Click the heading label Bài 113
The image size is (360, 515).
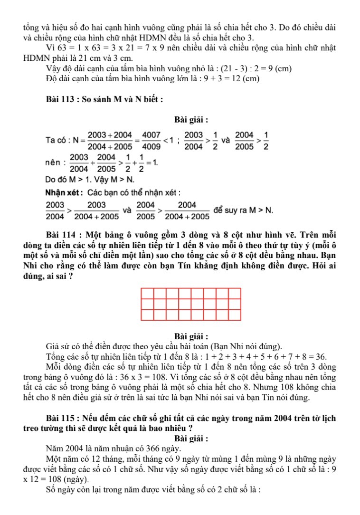(x=62, y=100)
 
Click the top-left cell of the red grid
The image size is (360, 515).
(x=148, y=294)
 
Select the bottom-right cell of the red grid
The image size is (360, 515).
(x=235, y=315)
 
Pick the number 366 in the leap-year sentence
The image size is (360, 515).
(x=153, y=448)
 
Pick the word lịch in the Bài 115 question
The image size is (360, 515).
(x=329, y=419)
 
